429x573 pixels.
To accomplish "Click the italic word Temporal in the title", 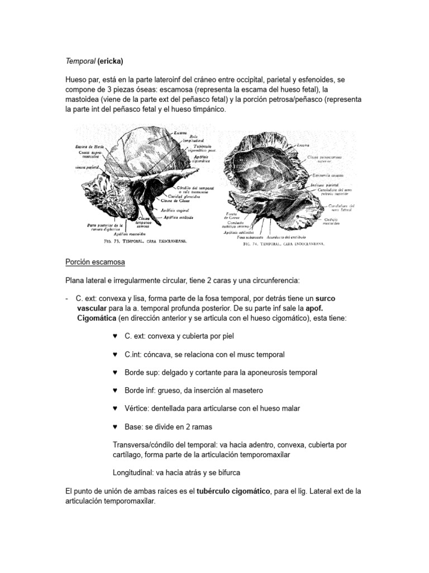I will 80,60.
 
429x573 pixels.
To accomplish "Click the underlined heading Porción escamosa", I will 95,261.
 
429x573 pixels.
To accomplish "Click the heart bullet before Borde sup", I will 115,372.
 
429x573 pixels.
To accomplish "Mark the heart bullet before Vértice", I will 115,408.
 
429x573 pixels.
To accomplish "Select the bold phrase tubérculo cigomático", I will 233,491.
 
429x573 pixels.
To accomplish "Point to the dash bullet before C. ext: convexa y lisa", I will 67,299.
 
